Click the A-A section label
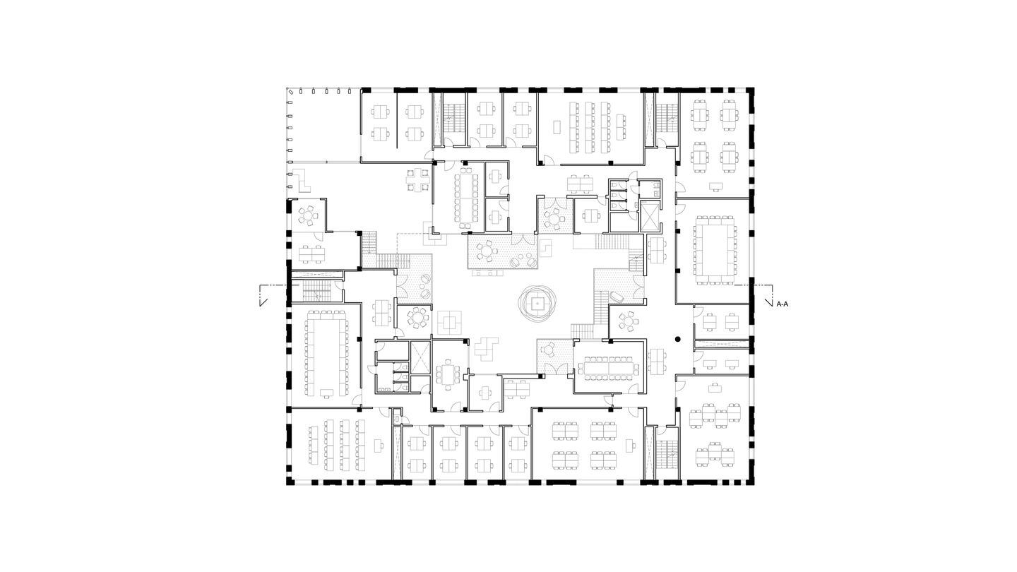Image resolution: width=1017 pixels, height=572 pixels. pyautogui.click(x=783, y=304)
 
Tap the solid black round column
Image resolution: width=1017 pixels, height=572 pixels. pyautogui.click(x=677, y=340)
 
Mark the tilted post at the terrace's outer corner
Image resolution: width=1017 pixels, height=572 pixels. pyautogui.click(x=290, y=91)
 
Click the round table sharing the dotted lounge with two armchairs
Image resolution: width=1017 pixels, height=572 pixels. pyautogui.click(x=485, y=251)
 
